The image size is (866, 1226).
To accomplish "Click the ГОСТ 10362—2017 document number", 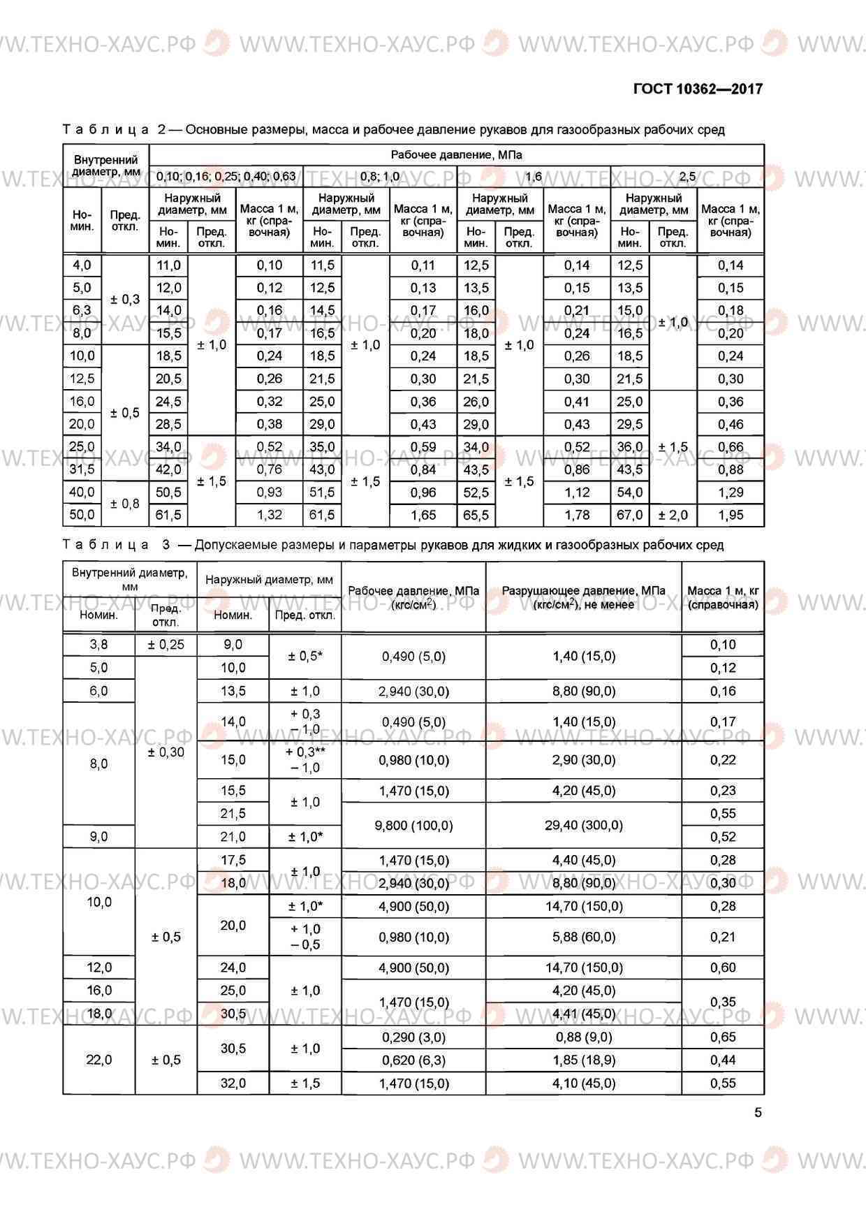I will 697,89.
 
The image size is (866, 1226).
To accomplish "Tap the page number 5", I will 758,1112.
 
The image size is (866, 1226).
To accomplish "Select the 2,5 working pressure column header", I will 687,176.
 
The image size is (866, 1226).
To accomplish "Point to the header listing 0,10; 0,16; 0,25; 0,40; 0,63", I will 226,176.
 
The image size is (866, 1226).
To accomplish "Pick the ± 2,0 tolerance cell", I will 673,516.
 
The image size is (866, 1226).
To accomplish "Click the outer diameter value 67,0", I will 629,516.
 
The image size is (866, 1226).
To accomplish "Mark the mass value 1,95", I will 731,516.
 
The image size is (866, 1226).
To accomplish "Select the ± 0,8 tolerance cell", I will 125,504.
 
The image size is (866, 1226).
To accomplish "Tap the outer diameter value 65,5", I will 476,516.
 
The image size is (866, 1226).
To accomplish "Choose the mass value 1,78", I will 577,516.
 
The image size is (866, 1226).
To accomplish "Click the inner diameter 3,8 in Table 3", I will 98,645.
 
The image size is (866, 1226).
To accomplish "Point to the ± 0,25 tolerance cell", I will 166,645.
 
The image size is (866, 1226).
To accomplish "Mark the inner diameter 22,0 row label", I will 98,1060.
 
